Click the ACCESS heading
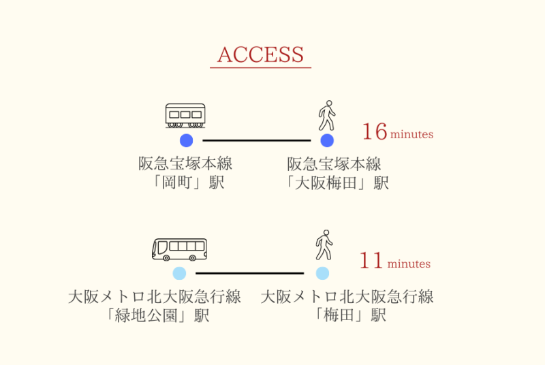(260, 54)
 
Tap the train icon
(185, 116)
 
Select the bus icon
(179, 249)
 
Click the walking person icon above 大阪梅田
(327, 116)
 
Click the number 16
(374, 132)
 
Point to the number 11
(371, 261)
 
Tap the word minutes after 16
(411, 134)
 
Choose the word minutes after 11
(409, 264)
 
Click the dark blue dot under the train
(186, 140)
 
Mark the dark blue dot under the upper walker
(327, 140)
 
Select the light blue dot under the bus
(179, 273)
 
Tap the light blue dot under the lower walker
(322, 273)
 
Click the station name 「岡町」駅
(185, 182)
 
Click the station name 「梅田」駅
(347, 315)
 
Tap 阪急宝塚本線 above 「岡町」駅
(185, 163)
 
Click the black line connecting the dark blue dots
(256, 140)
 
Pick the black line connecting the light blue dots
(250, 273)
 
